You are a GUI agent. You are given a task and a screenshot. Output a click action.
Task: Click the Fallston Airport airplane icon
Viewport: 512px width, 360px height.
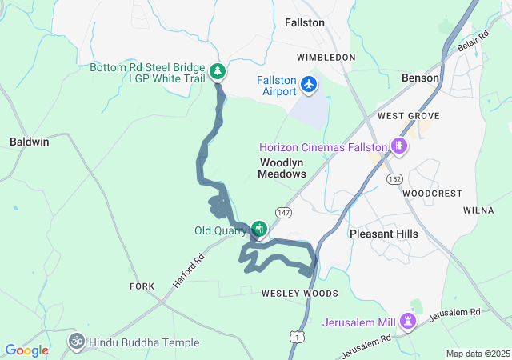click(310, 84)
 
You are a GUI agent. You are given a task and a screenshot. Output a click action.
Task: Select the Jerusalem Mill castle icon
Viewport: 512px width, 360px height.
click(409, 322)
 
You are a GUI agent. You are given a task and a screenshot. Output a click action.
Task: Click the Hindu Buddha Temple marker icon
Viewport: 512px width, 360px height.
click(77, 342)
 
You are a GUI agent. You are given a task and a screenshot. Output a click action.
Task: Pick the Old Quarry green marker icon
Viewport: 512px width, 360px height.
click(258, 230)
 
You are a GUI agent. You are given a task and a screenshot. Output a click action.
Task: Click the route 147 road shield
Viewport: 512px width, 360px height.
click(284, 212)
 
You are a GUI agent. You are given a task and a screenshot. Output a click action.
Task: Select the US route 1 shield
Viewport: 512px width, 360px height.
click(298, 338)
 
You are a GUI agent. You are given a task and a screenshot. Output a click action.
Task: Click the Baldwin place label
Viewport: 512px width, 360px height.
click(30, 142)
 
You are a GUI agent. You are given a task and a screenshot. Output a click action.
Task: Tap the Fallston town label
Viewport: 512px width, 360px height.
click(305, 23)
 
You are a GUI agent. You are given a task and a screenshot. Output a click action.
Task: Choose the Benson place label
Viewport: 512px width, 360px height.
click(420, 78)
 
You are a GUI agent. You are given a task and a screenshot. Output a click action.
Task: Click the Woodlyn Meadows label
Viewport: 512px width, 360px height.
click(282, 167)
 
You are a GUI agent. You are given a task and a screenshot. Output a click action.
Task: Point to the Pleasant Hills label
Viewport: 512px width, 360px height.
click(384, 234)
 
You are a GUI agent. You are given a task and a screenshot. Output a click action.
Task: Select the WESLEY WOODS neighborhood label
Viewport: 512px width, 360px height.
click(294, 294)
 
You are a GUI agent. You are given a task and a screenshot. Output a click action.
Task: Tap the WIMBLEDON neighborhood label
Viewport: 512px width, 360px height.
click(326, 58)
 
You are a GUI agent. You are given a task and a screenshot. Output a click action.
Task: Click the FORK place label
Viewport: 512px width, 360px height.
click(141, 286)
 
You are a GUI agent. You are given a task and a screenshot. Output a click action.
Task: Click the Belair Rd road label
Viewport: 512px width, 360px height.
click(472, 53)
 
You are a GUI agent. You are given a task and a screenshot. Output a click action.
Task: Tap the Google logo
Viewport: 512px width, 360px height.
click(26, 350)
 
